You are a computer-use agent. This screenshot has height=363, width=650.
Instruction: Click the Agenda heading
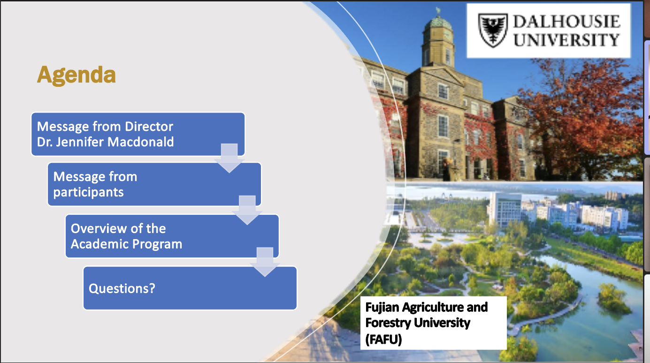[76, 76]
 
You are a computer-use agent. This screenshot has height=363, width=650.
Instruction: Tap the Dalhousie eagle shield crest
[493, 30]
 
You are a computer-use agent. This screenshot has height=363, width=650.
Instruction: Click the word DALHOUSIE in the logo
[567, 22]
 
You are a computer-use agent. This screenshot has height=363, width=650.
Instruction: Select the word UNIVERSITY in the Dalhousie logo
[566, 40]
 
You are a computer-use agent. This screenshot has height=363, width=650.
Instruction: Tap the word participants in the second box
[89, 192]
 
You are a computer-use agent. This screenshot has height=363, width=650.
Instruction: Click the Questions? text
[122, 288]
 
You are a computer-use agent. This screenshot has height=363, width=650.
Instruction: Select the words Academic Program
[127, 244]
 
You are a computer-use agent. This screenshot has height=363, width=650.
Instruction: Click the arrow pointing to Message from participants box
[229, 158]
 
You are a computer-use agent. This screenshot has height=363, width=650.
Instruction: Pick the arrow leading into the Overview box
[247, 210]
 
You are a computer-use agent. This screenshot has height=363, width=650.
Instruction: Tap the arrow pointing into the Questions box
[265, 262]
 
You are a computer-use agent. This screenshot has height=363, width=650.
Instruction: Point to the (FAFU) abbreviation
[383, 339]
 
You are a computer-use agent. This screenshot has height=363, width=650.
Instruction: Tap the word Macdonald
[141, 142]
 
